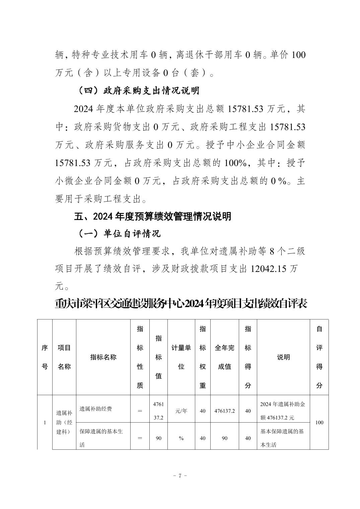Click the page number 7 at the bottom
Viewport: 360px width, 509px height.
[x=180, y=476]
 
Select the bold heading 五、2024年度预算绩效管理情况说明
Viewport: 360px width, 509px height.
[x=152, y=216]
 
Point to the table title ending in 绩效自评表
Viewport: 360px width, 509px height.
[x=181, y=304]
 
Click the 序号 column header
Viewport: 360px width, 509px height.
[x=45, y=357]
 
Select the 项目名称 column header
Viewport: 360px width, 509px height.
[x=64, y=357]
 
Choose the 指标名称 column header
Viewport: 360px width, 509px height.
[x=103, y=357]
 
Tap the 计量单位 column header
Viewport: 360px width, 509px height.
[x=181, y=357]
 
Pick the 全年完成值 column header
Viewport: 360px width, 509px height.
[x=224, y=357]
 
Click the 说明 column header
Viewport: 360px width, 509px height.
[x=283, y=357]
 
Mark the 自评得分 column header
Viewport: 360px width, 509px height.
[x=319, y=357]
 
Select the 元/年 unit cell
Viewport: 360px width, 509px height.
[x=181, y=411]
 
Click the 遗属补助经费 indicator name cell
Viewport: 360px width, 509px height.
[x=96, y=409]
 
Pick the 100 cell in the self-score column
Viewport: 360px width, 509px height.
[x=319, y=422]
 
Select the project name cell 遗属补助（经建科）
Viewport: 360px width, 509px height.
[x=64, y=422]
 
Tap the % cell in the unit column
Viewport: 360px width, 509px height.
[x=181, y=438]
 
